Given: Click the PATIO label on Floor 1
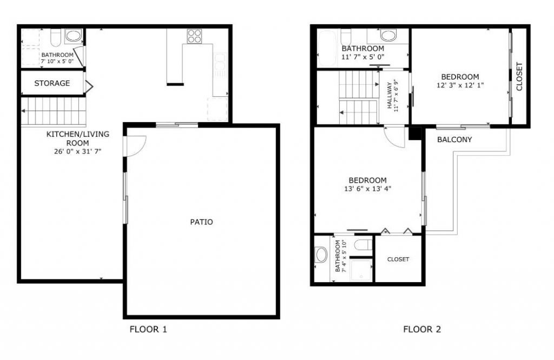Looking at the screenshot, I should click(x=201, y=222).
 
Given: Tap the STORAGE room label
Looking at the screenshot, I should click(x=52, y=83).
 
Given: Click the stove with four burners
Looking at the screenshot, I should click(x=194, y=36).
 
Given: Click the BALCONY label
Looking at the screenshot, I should click(x=454, y=139).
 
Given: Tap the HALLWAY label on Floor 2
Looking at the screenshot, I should click(x=390, y=96).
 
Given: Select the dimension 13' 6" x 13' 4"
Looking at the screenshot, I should click(x=367, y=189).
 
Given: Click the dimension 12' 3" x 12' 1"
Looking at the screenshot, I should click(x=459, y=85).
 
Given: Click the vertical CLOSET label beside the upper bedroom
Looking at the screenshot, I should click(x=519, y=77).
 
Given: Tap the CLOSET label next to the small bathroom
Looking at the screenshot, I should click(x=398, y=259).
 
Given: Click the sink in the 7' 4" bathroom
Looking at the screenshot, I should click(x=321, y=255).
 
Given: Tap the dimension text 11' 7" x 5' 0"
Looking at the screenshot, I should click(x=362, y=56).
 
